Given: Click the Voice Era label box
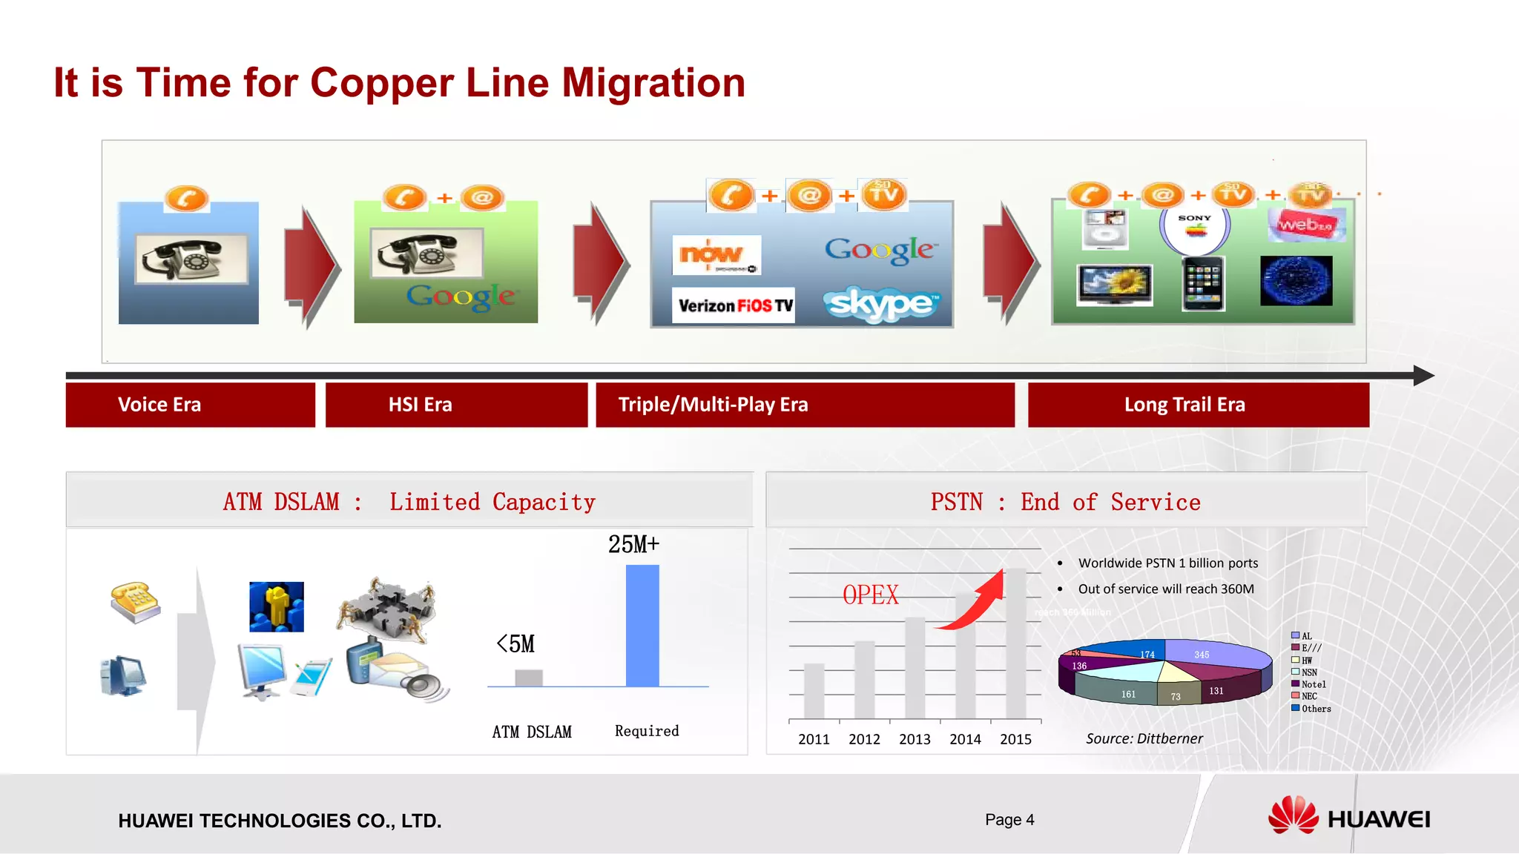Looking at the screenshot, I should pyautogui.click(x=190, y=405).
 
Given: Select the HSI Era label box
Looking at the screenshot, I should pyautogui.click(x=455, y=405).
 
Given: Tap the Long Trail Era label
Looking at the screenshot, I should pyautogui.click(x=1198, y=405).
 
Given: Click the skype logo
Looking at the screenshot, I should pyautogui.click(x=881, y=304).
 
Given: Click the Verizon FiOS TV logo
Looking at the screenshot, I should pyautogui.click(x=734, y=305).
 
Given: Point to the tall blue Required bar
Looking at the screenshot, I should pyautogui.click(x=642, y=626).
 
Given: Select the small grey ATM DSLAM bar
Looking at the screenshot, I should pyautogui.click(x=529, y=678).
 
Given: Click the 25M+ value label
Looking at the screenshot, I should pyautogui.click(x=633, y=544).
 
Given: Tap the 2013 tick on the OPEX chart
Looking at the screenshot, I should pyautogui.click(x=915, y=739).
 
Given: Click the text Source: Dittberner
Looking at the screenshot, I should pyautogui.click(x=1144, y=738).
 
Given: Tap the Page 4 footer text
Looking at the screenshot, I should pyautogui.click(x=1009, y=819).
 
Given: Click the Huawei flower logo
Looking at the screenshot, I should pyautogui.click(x=1293, y=815).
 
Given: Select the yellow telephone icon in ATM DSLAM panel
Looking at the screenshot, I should pyautogui.click(x=135, y=602).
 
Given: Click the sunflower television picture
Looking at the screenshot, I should pyautogui.click(x=1115, y=284).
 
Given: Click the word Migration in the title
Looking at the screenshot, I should pyautogui.click(x=653, y=82).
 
